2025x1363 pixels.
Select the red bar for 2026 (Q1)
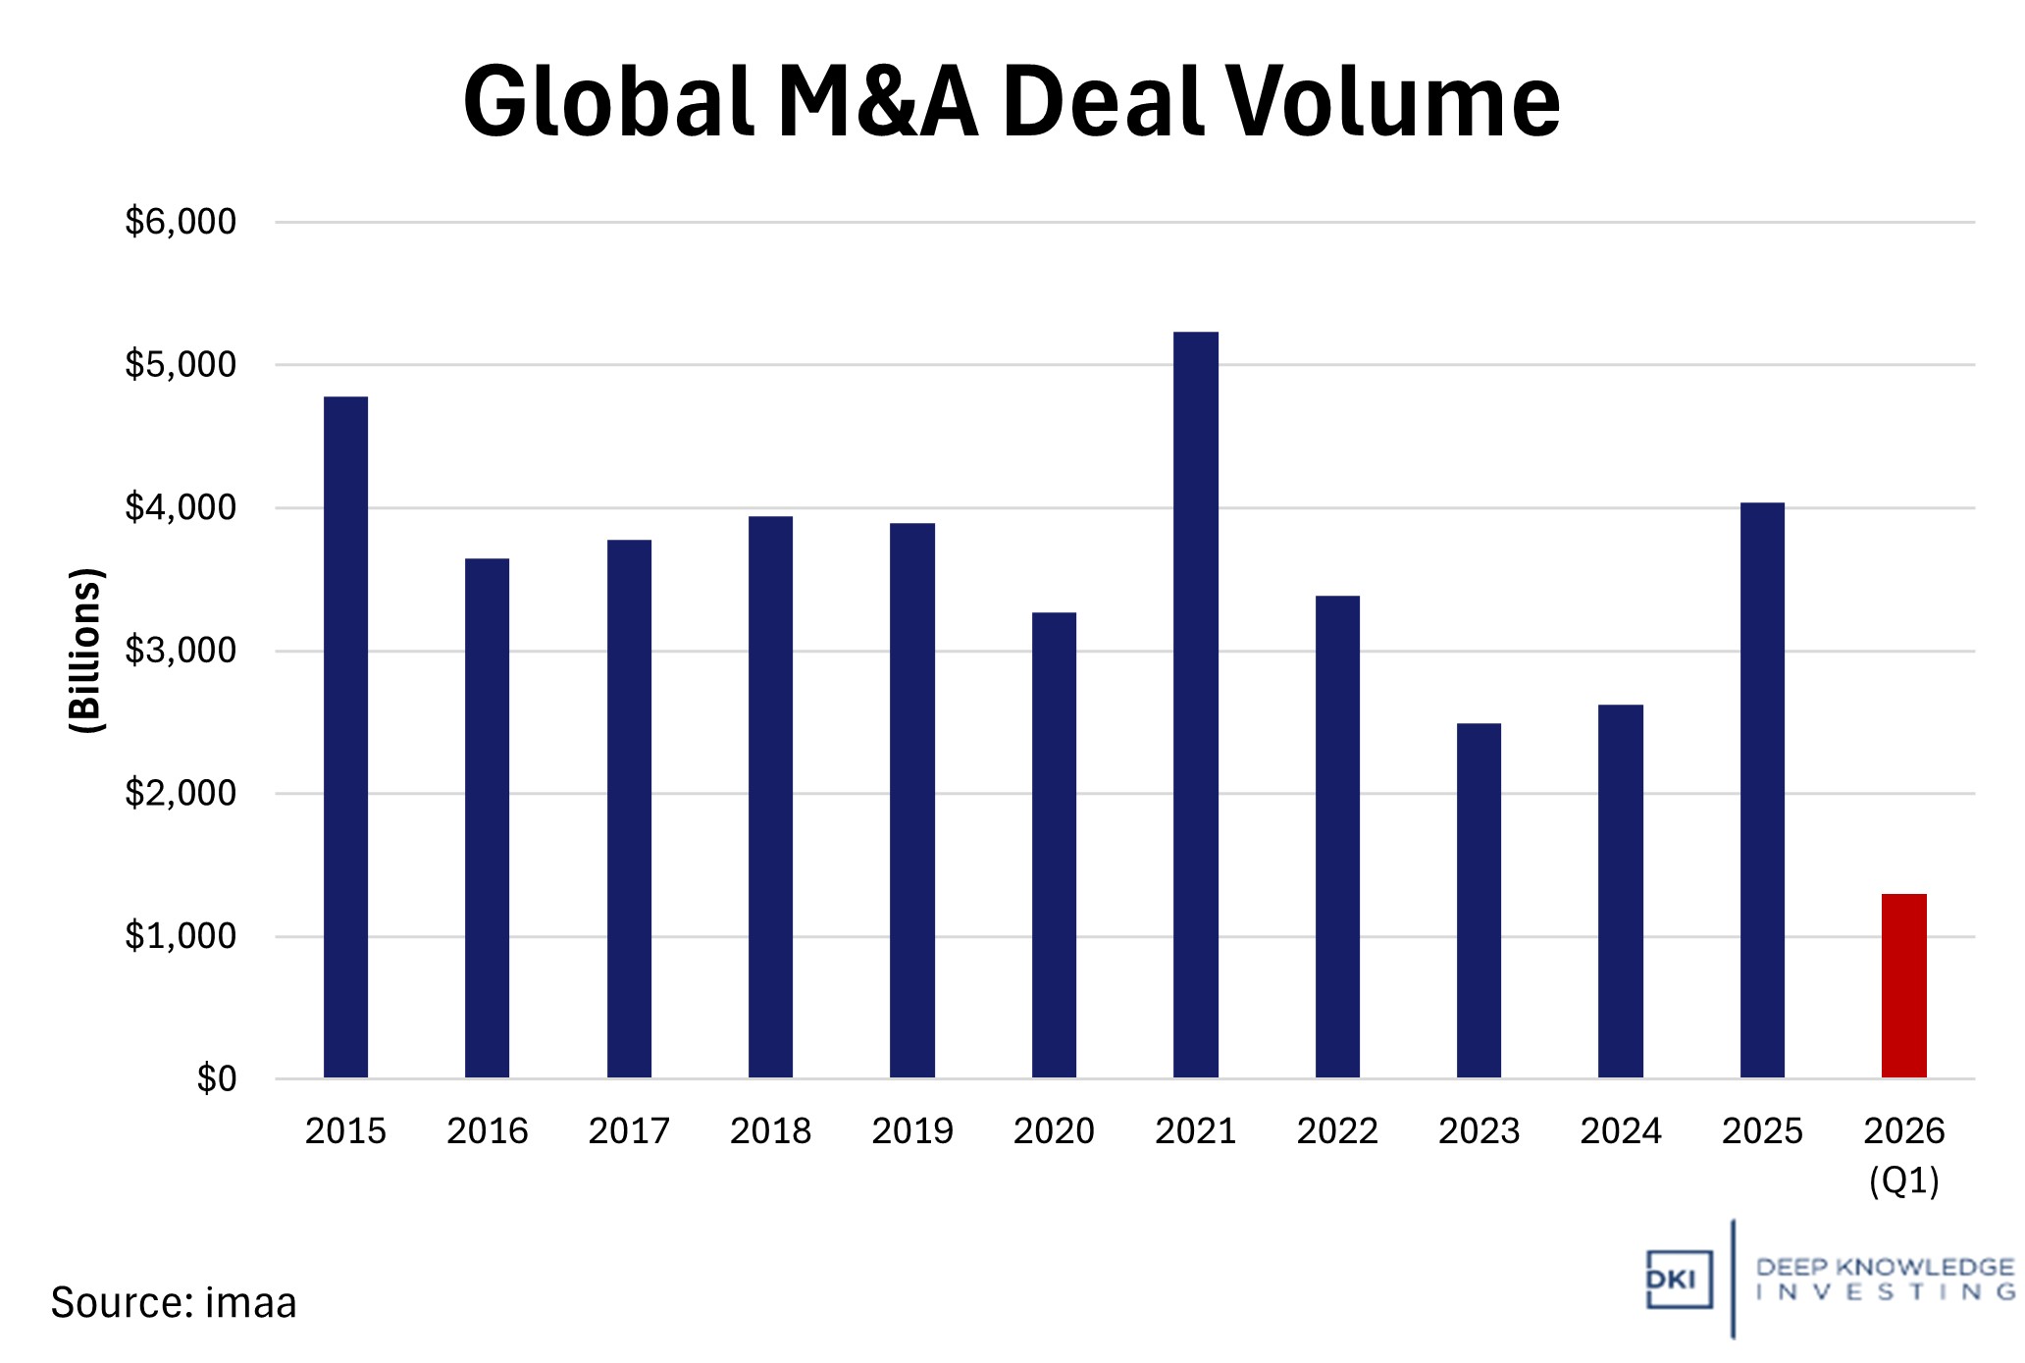pos(1903,985)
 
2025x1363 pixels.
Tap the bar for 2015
pos(345,737)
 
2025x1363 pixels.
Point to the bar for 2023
pos(1479,900)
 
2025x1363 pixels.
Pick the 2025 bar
pos(1762,790)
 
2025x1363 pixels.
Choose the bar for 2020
pos(1054,845)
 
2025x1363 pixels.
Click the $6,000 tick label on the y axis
pos(181,222)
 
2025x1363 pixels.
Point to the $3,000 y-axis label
pos(181,651)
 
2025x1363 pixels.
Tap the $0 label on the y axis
pos(216,1078)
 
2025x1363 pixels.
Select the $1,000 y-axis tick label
pos(181,936)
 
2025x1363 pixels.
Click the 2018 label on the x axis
pos(770,1131)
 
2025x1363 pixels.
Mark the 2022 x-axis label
pos(1337,1131)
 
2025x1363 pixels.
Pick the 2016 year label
pos(487,1131)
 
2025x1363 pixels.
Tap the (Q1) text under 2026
pos(1903,1180)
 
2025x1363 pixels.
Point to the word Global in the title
pos(609,102)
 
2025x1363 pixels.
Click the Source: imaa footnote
pos(174,1303)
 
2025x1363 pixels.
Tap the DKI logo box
pos(1679,1280)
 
